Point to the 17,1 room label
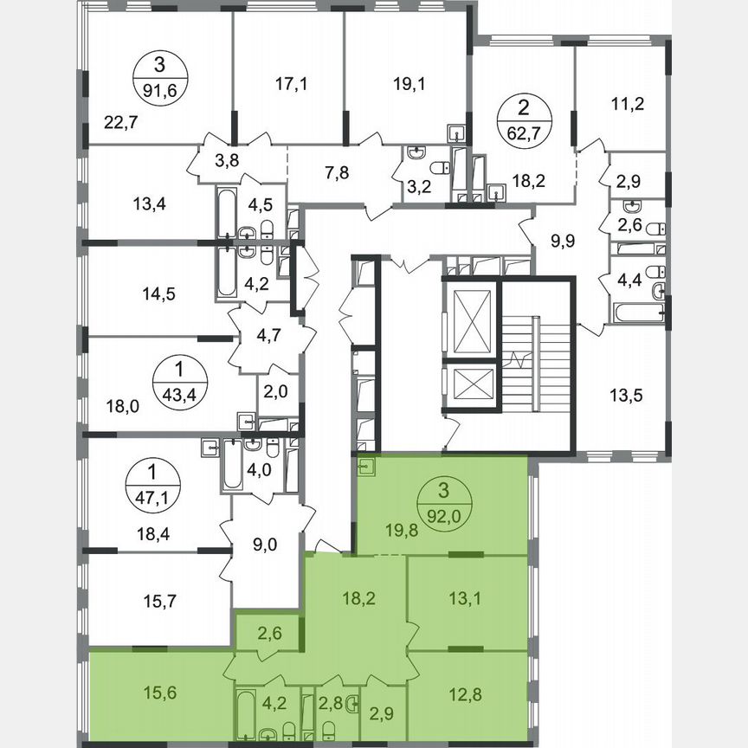point(288,84)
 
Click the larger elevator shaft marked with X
point(469,318)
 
